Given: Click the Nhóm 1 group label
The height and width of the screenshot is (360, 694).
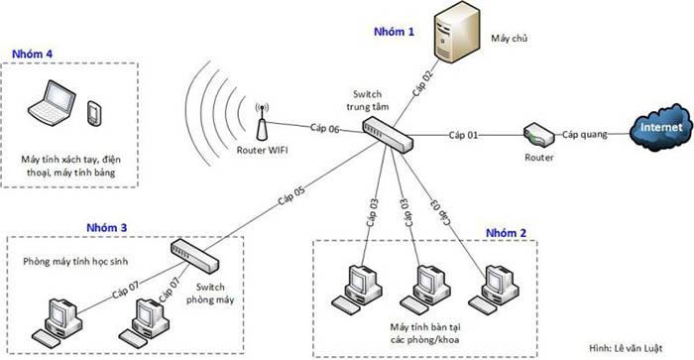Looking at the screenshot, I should (x=394, y=33).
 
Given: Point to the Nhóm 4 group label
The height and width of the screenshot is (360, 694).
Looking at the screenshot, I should (x=33, y=53).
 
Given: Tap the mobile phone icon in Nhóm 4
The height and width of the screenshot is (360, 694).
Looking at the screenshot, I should (x=94, y=113).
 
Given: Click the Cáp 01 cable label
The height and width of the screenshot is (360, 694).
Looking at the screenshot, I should (x=463, y=134).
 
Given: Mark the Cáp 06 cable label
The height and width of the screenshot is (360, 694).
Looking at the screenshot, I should (x=324, y=128).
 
